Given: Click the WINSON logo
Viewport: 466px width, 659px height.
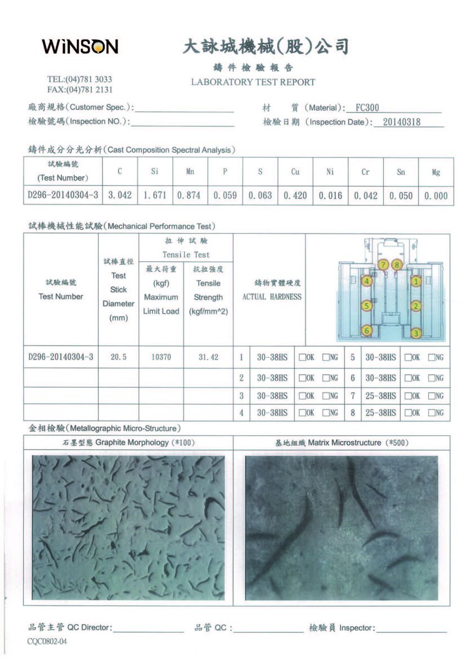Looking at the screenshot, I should pyautogui.click(x=80, y=47).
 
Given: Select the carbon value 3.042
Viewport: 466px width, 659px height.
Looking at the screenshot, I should pyautogui.click(x=120, y=196).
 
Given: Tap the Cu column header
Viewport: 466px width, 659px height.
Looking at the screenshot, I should pyautogui.click(x=295, y=172).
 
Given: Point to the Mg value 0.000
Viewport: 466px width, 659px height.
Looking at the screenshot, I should pyautogui.click(x=436, y=196).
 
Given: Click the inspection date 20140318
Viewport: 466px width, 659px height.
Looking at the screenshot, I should pyautogui.click(x=401, y=122).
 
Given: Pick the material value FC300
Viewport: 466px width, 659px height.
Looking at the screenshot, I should pyautogui.click(x=367, y=108).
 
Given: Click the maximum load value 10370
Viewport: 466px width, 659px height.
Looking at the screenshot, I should pyautogui.click(x=160, y=357).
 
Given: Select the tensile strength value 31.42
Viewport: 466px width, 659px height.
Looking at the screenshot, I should pyautogui.click(x=208, y=357).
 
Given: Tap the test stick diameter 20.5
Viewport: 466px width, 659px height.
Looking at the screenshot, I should pyautogui.click(x=119, y=357).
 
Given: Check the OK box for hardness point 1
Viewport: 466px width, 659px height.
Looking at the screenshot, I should pyautogui.click(x=302, y=358).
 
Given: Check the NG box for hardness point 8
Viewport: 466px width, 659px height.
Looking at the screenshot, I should pyautogui.click(x=431, y=413).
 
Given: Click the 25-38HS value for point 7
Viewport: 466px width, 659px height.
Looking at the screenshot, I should pyautogui.click(x=381, y=395).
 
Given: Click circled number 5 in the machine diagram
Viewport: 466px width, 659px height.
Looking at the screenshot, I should pyautogui.click(x=367, y=305).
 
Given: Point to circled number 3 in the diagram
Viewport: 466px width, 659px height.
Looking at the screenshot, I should pyautogui.click(x=416, y=333).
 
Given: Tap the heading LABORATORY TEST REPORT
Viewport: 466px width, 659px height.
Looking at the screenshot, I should pyautogui.click(x=253, y=82).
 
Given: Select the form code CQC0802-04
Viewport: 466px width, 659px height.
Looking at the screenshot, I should pyautogui.click(x=47, y=641).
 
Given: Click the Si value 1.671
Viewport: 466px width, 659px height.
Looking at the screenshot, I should pyautogui.click(x=154, y=196).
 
